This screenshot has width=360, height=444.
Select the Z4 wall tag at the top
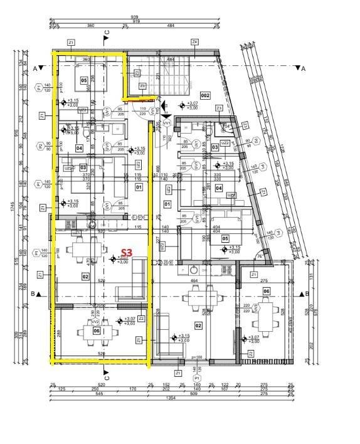pyautogui.click(x=195, y=42)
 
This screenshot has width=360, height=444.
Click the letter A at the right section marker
pyautogui.click(x=304, y=68)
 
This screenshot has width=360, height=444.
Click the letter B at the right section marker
pyautogui.click(x=304, y=293)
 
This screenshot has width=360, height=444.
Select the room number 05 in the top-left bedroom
pyautogui.click(x=83, y=80)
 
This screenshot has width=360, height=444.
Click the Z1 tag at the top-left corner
pyautogui.click(x=71, y=43)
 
